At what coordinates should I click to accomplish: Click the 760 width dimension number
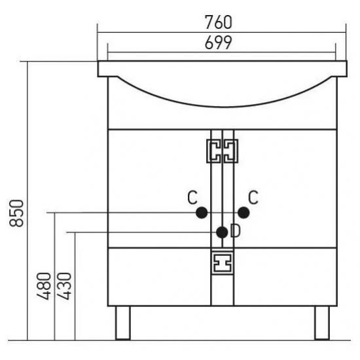tap(219, 22)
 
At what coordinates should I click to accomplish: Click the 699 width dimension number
tap(219, 43)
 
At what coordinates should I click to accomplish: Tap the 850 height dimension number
tap(16, 213)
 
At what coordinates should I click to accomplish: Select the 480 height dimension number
tap(44, 286)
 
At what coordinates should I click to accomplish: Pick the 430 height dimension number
tap(64, 286)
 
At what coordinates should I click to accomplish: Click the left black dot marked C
tap(202, 213)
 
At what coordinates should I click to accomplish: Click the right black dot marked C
tap(243, 213)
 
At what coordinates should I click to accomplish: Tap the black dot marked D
tap(222, 232)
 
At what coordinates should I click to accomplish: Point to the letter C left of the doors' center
tap(192, 198)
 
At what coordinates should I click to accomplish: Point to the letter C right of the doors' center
tap(253, 198)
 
